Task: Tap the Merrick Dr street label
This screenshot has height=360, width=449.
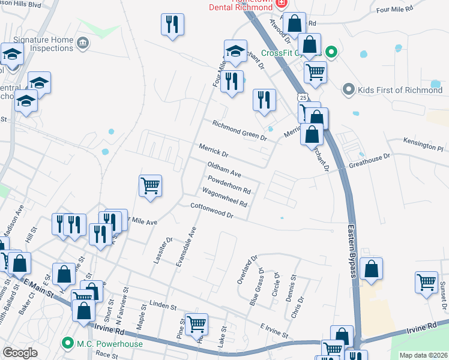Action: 214,151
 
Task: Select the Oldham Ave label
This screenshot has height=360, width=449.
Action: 224,169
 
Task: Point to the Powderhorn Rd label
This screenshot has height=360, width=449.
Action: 229,184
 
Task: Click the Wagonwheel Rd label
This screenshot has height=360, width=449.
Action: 225,199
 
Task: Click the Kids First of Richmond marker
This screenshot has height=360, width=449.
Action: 348,90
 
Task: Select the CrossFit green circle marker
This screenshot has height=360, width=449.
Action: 330,53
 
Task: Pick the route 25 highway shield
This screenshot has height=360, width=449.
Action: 304,97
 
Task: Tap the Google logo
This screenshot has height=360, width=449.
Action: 20,353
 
